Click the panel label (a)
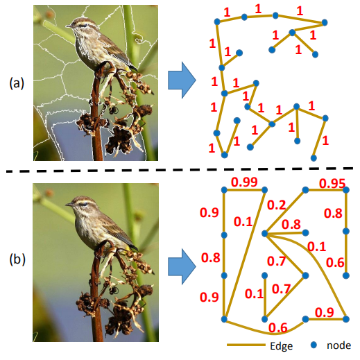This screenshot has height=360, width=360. (16, 83)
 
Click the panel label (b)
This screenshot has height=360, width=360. (16, 262)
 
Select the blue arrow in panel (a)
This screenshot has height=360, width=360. (182, 81)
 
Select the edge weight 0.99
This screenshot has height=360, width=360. (244, 182)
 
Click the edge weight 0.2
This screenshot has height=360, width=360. (277, 205)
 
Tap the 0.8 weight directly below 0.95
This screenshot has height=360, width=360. (333, 213)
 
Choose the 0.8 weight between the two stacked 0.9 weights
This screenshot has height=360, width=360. (210, 258)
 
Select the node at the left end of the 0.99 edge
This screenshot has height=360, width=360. (224, 189)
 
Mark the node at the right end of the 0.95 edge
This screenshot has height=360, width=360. (345, 189)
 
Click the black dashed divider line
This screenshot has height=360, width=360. (180, 170)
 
